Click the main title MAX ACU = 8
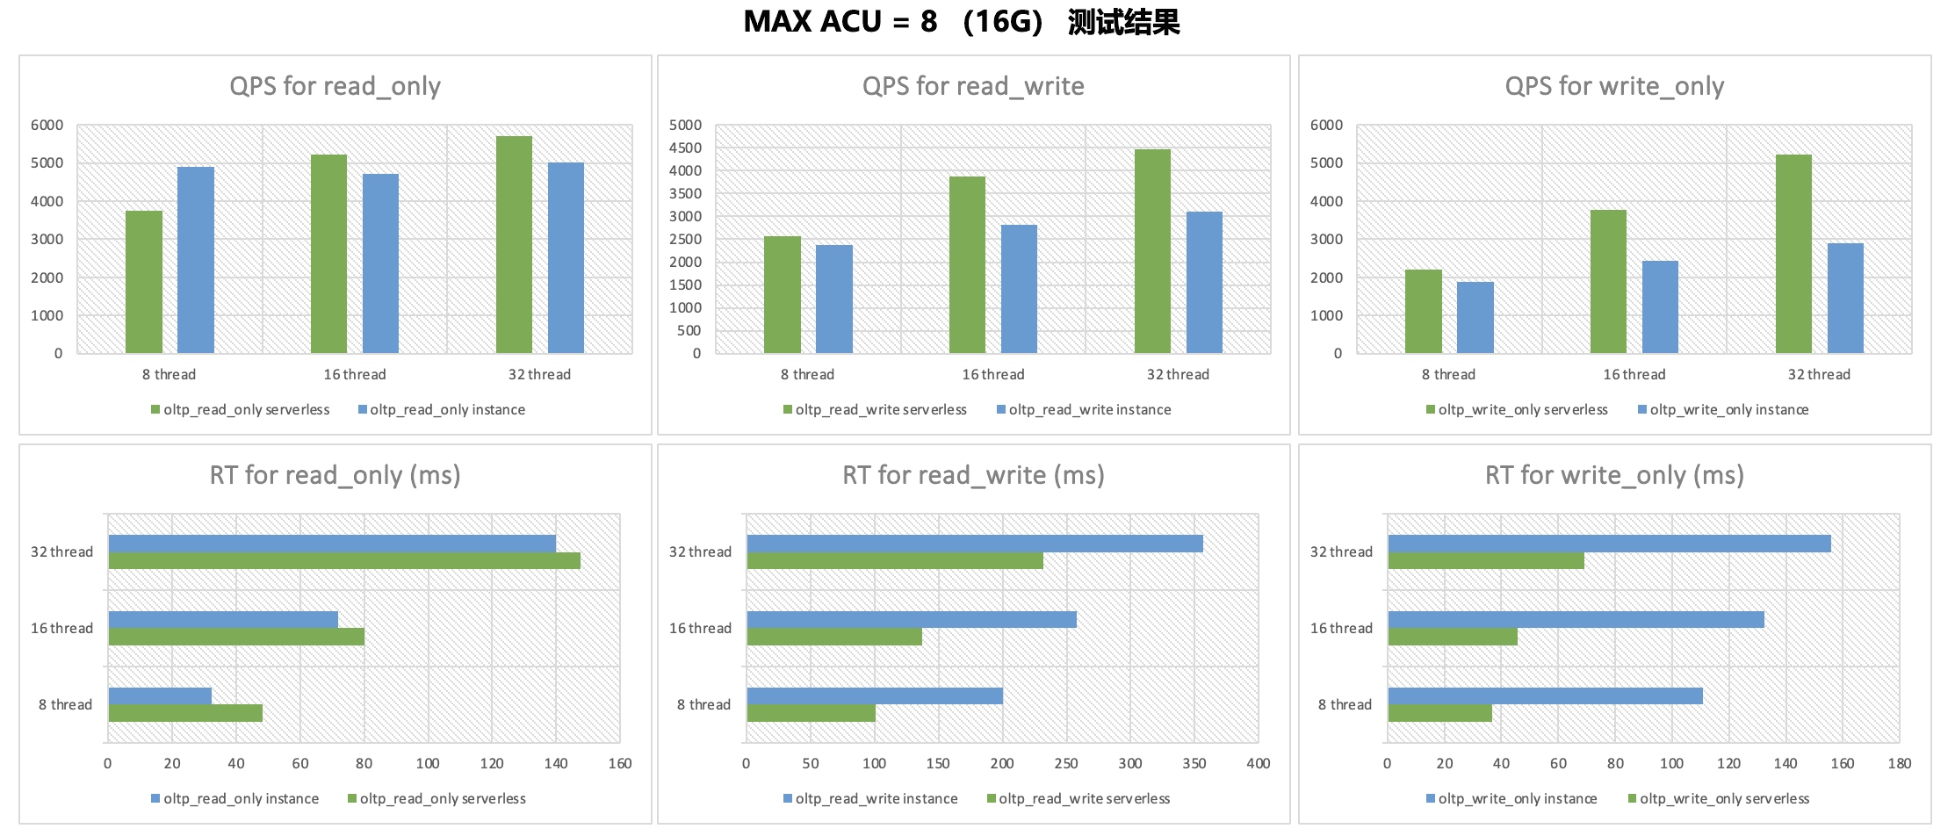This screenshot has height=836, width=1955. [961, 21]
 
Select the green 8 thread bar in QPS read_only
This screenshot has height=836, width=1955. [144, 282]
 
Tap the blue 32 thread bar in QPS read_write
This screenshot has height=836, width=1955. [1204, 282]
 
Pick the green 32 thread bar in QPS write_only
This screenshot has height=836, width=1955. [1793, 254]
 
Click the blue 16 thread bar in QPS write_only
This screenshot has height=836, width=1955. [1660, 306]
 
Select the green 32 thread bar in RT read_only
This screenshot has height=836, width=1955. [344, 561]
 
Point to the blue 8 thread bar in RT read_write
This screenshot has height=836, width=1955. [875, 696]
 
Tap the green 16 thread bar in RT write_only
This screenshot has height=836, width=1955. [1453, 638]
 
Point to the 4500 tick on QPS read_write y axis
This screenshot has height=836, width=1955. [685, 148]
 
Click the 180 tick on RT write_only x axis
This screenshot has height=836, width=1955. [1899, 764]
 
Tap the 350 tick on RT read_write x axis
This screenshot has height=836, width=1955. [1194, 764]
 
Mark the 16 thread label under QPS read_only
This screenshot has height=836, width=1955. [355, 375]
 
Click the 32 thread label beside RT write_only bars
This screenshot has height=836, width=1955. [1341, 552]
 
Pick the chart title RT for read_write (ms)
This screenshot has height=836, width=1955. [973, 475]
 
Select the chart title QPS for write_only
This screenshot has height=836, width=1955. [1614, 86]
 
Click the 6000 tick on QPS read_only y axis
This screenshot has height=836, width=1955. [47, 126]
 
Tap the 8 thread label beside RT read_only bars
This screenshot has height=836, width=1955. [65, 705]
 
